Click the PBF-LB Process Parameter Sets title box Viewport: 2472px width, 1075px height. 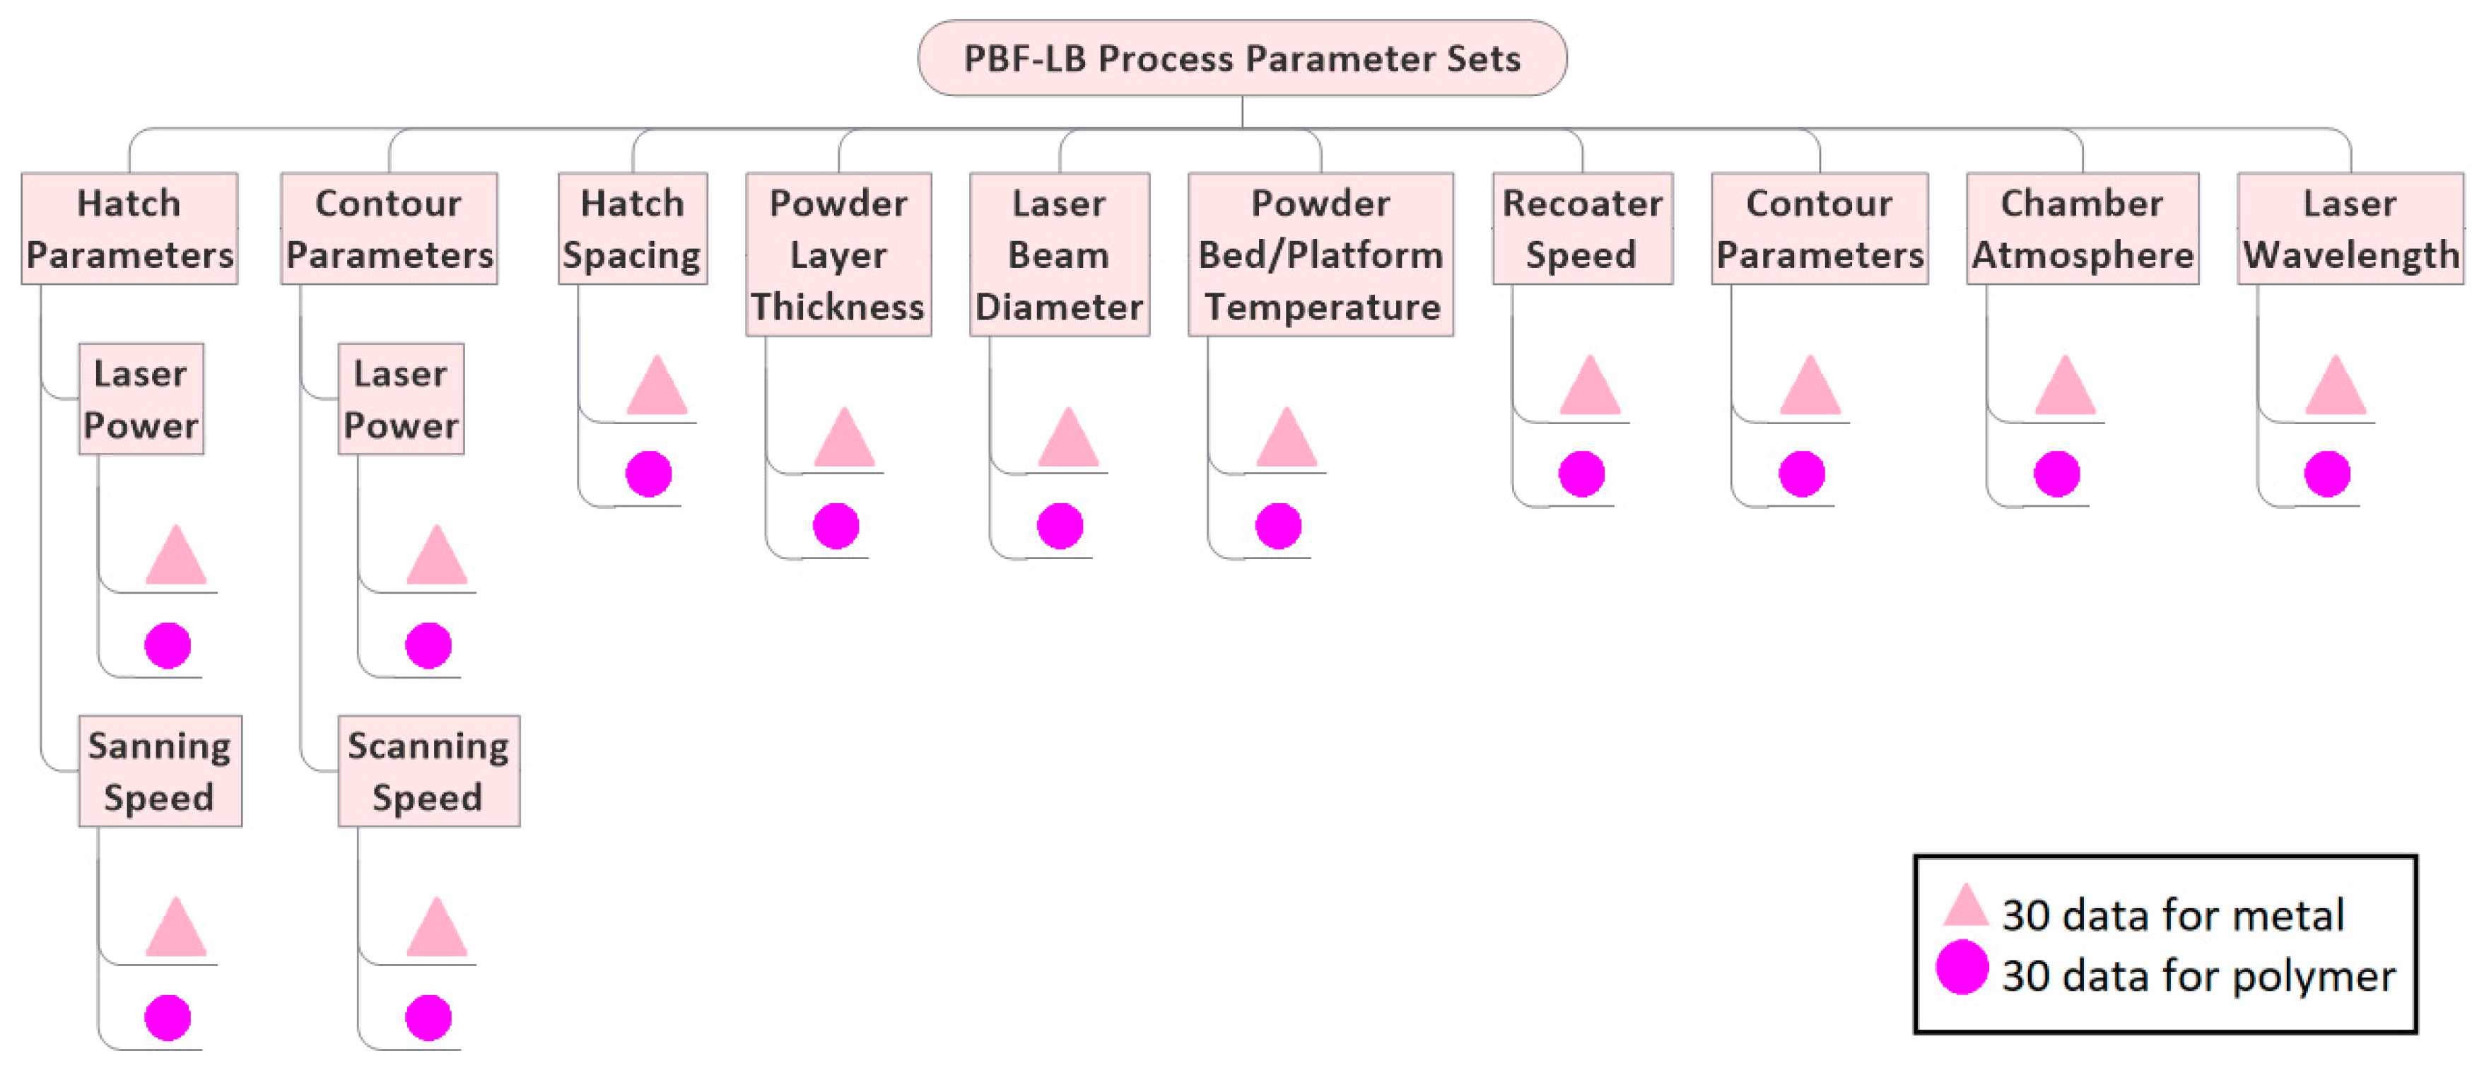[x=1242, y=59]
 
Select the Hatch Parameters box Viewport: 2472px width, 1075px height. [x=129, y=228]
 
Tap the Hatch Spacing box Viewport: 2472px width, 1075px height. [x=633, y=228]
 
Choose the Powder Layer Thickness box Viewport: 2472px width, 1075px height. [x=838, y=254]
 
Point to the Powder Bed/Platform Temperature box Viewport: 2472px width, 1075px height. [x=1320, y=254]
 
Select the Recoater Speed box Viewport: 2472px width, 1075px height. [x=1581, y=228]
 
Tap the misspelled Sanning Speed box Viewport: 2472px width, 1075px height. [x=159, y=771]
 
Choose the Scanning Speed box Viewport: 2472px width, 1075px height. [x=428, y=771]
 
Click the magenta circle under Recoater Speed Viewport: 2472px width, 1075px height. [x=1581, y=474]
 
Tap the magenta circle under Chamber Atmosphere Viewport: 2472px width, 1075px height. [x=2056, y=474]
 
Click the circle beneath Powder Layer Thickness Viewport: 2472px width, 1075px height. [x=836, y=526]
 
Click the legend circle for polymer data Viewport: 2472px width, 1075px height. [x=1962, y=968]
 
